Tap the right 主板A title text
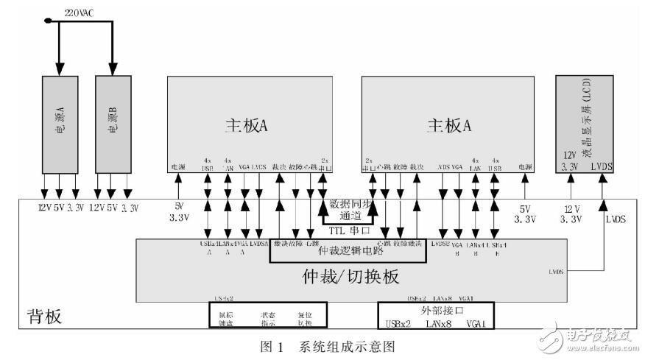(448, 126)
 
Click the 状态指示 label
(268, 318)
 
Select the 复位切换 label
(305, 318)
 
